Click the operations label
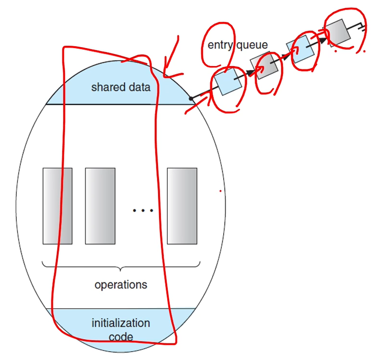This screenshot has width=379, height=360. click(121, 284)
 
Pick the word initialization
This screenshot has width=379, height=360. click(121, 323)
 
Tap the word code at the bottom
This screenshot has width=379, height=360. click(121, 336)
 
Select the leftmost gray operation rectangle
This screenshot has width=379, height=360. click(57, 206)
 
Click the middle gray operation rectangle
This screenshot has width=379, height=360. click(100, 206)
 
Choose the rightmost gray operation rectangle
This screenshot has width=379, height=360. click(182, 206)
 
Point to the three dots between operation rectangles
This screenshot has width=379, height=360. click(142, 211)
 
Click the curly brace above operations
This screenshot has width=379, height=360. click(121, 267)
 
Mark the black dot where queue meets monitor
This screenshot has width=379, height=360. click(191, 98)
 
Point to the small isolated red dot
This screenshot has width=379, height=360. click(220, 190)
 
